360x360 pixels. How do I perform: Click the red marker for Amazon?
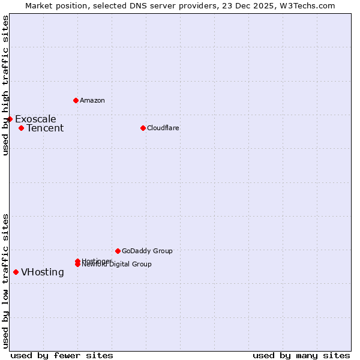click(x=76, y=100)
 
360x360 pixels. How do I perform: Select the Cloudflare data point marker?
click(x=143, y=128)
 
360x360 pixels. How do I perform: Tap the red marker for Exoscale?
click(x=10, y=119)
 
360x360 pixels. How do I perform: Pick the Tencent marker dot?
click(x=21, y=128)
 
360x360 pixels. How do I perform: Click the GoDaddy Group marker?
click(x=118, y=251)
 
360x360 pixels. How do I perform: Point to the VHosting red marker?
click(x=16, y=272)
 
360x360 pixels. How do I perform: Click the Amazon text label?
click(x=92, y=100)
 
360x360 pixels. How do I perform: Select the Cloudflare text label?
click(x=163, y=128)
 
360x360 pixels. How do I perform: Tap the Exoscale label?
click(x=35, y=119)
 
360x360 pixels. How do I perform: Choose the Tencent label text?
click(x=45, y=128)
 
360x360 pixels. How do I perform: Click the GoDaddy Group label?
click(x=147, y=251)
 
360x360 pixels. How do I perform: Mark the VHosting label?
click(x=43, y=272)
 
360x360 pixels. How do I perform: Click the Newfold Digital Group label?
click(x=117, y=265)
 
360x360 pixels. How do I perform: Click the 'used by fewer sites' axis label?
click(x=62, y=355)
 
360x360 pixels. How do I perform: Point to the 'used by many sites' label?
click(x=301, y=355)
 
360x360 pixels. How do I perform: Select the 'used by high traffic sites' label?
click(x=5, y=85)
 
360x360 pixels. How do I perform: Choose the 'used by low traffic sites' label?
click(x=5, y=281)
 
